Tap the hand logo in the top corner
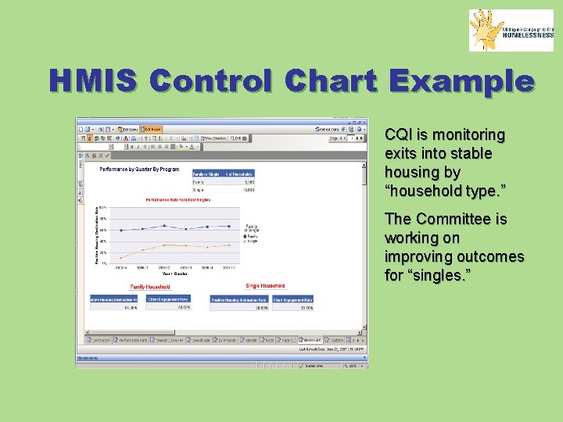[x=486, y=30]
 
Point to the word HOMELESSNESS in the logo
[x=528, y=35]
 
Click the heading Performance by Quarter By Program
[x=138, y=169]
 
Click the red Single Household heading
[x=265, y=287]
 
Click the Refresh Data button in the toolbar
[x=327, y=129]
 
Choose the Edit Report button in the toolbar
[x=152, y=129]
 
